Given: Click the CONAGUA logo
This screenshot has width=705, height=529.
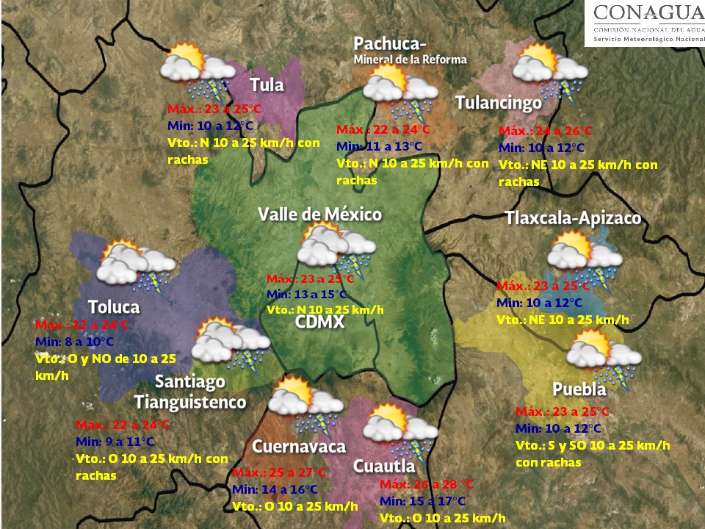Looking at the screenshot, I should coord(644,24).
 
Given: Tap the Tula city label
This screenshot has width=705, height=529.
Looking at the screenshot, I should coord(267,84).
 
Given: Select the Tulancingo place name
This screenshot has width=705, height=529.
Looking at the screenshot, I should coord(498,103).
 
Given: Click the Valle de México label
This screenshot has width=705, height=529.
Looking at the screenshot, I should coord(319,214).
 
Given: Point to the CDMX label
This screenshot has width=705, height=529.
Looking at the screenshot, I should coord(319,323).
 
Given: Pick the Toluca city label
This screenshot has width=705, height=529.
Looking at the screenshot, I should coord(113,306).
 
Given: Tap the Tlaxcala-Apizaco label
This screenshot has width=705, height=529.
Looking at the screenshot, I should coord(573,218).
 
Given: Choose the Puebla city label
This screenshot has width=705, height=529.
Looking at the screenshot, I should coord(579,389).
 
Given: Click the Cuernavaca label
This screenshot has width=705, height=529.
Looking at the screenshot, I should coord(298,447).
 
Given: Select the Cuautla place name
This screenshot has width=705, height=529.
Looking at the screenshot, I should coord(383,466).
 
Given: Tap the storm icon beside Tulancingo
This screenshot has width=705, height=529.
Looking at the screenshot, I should coord(547,70).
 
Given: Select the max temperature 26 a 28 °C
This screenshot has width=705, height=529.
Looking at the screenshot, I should coord(427,484).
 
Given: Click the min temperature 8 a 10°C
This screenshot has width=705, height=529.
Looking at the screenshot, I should coord(75,342).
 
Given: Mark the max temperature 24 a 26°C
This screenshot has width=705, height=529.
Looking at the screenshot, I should coord(546,132).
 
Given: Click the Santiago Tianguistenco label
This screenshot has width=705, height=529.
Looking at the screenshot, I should coord(190,392).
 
